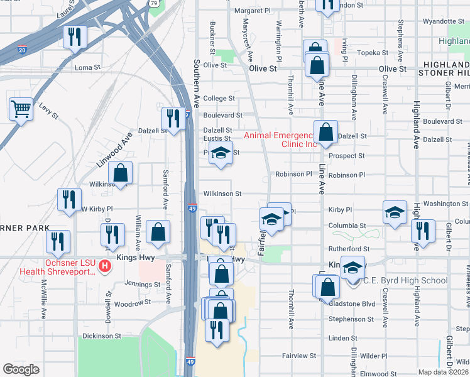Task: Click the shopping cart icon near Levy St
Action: coord(21,109)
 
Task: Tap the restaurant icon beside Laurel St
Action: coord(75,36)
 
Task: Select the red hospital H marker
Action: coord(106,266)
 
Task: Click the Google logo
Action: coord(21,369)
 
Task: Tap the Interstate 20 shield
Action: coord(23,50)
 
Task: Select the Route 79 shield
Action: coord(156,3)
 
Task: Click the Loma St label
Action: coord(88,67)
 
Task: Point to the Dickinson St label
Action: coord(101,336)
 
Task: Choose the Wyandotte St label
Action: coord(443,21)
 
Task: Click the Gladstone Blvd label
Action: coord(352,303)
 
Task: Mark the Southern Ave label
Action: coord(196,82)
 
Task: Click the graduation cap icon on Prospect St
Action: coord(221,153)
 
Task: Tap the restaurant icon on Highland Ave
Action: coord(423,231)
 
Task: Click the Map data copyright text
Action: coord(442,372)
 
